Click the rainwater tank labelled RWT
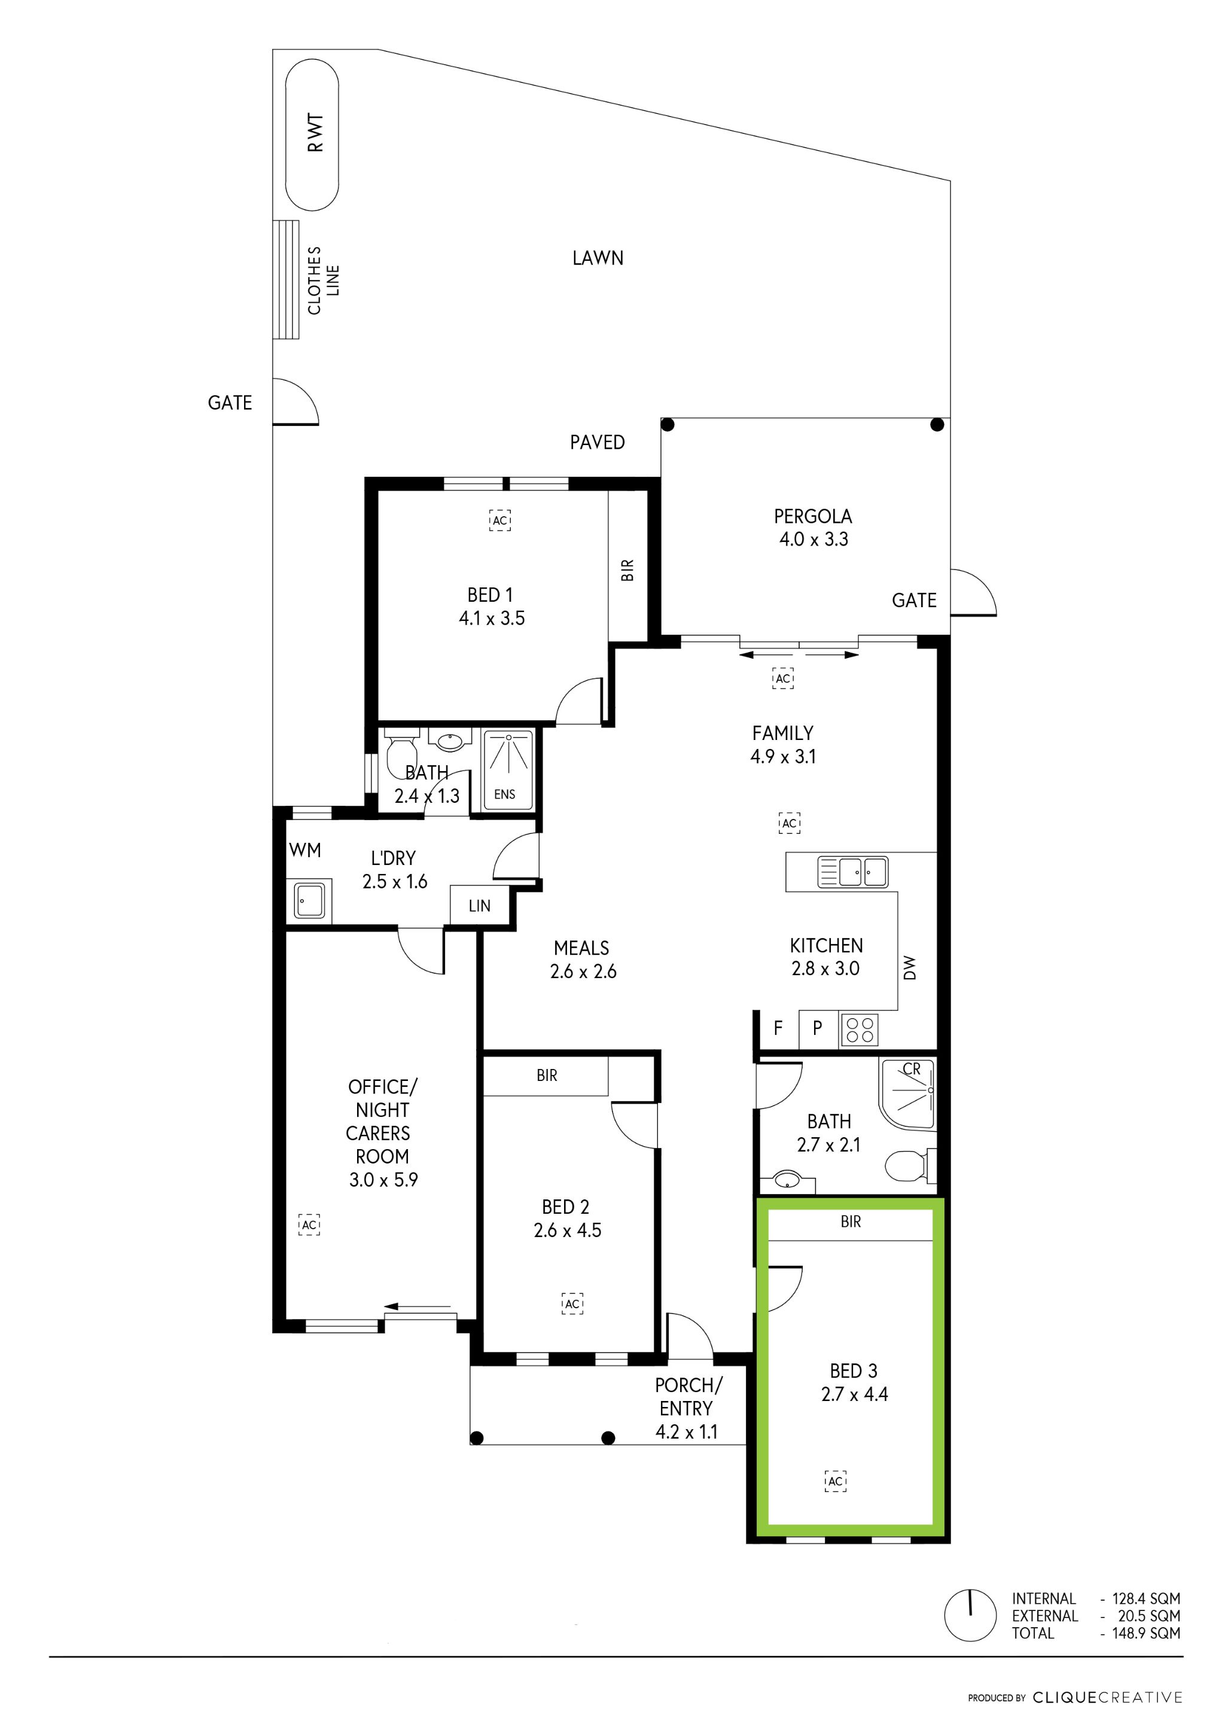coord(312,135)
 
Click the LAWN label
coord(598,258)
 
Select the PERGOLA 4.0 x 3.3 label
coord(813,528)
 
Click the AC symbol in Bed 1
coord(499,520)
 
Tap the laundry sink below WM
coord(309,900)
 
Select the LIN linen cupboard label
coord(479,906)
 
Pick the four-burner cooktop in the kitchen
coord(860,1030)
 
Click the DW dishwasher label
coord(910,968)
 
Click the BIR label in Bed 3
coord(851,1222)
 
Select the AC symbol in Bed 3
coord(835,1481)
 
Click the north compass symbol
coord(971,1615)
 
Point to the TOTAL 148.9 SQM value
coord(1146,1633)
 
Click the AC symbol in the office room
coord(309,1225)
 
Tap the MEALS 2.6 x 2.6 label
coord(583,960)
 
